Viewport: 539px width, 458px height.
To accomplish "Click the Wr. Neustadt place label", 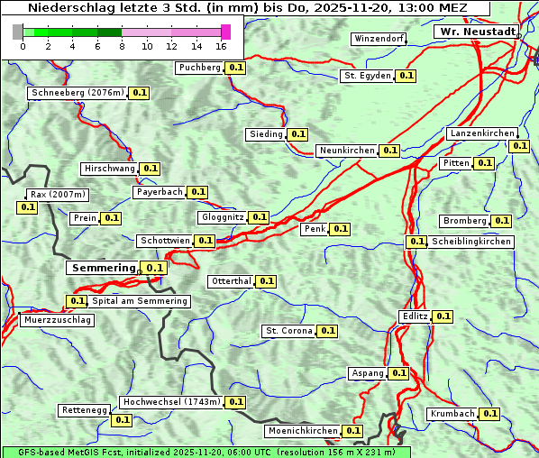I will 477,32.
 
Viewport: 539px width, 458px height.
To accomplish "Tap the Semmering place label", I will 102,268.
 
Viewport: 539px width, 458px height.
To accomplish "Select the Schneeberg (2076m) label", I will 77,93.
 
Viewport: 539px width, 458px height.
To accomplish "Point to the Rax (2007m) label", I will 57,195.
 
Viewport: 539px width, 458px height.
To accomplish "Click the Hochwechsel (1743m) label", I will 170,402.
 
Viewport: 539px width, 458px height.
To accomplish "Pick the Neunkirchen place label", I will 347,151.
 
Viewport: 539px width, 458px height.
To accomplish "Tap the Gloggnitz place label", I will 221,217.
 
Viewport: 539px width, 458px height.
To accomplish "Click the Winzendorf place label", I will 379,39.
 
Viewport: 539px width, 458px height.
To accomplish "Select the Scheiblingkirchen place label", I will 470,242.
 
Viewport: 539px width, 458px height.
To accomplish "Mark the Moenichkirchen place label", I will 303,431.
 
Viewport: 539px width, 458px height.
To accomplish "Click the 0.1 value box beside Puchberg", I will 235,68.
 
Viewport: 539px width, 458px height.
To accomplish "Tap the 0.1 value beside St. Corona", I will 327,331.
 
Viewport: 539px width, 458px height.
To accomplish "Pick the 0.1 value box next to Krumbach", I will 489,414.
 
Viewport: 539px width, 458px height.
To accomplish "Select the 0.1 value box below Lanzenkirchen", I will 518,146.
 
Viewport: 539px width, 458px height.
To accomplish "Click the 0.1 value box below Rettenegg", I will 122,420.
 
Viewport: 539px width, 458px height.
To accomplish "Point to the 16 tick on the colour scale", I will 222,46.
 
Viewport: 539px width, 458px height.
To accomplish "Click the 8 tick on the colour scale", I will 122,46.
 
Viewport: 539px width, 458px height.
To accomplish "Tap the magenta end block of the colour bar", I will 225,32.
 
